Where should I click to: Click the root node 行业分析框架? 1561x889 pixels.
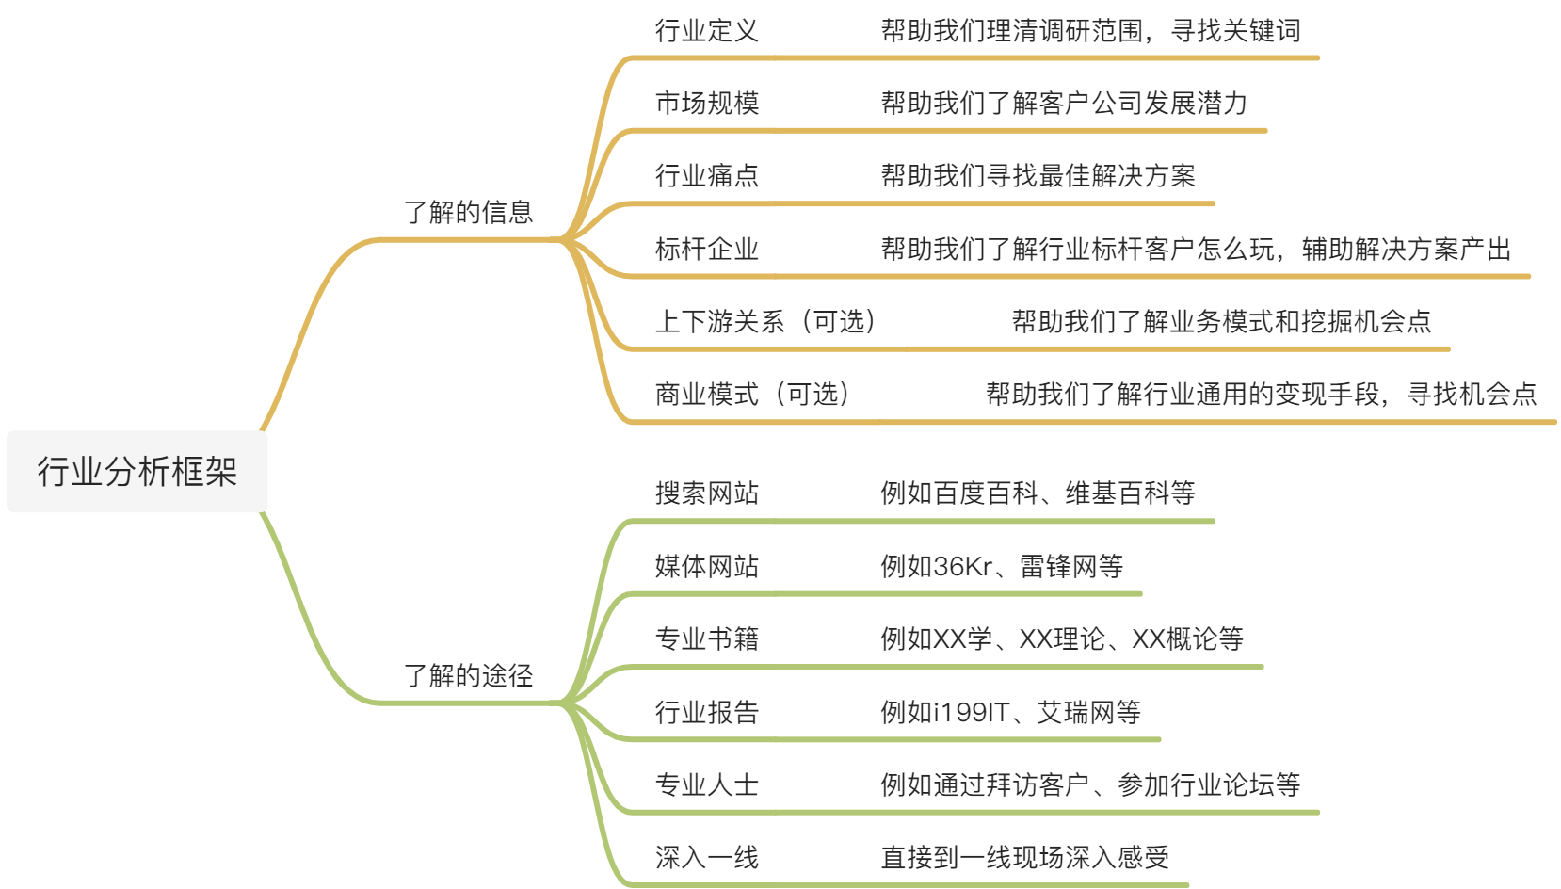point(137,472)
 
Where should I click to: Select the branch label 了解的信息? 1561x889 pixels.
point(468,212)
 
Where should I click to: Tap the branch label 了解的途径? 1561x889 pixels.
point(468,675)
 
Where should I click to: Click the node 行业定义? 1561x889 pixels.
point(706,31)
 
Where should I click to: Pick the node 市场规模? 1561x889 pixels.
point(706,103)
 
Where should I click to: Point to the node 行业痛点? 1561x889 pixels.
point(706,175)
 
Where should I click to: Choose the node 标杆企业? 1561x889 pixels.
point(706,249)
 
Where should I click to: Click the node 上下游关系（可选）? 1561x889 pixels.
point(766,321)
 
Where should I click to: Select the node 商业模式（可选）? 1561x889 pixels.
point(753,394)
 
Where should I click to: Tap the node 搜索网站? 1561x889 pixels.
point(706,493)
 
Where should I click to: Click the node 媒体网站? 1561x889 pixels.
point(706,566)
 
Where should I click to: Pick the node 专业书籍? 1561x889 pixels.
point(706,638)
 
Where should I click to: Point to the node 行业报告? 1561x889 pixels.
point(706,712)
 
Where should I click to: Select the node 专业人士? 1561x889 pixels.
point(706,784)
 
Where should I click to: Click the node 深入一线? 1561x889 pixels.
point(706,857)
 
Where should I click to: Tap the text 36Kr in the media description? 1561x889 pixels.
point(963,566)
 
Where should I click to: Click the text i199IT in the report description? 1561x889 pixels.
point(971,712)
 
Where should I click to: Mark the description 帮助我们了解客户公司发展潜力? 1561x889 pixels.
point(1064,103)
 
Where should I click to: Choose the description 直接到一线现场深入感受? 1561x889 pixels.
point(1024,857)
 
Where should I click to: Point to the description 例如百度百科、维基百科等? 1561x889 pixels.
point(1038,493)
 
